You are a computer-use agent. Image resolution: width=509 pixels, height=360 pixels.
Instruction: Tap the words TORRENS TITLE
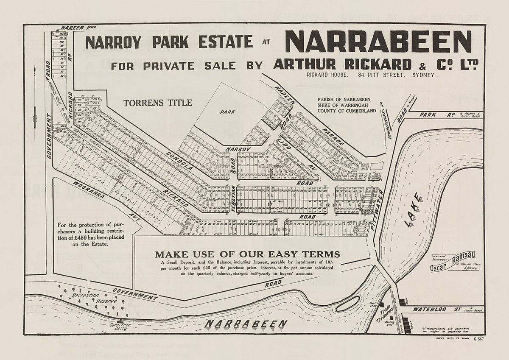click(x=157, y=103)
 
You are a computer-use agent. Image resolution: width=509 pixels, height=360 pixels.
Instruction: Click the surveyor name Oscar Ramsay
click(x=453, y=261)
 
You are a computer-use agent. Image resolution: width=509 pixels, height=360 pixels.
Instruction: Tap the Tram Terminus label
click(x=384, y=313)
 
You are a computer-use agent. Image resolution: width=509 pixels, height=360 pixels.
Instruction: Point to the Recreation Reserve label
click(x=92, y=298)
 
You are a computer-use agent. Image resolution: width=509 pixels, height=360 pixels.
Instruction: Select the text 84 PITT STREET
click(x=378, y=75)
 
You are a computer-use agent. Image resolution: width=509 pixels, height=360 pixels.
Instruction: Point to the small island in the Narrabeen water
click(x=347, y=304)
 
